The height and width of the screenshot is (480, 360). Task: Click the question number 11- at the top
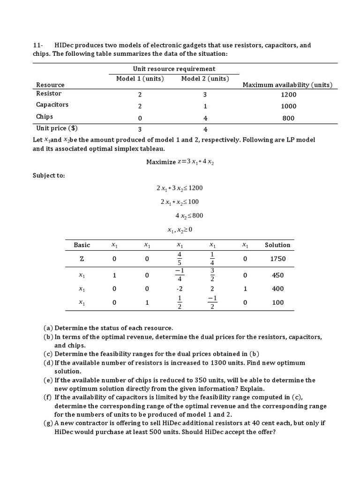[x=38, y=45]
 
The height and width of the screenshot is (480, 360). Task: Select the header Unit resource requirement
[x=174, y=69]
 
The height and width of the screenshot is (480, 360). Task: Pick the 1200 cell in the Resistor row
[x=288, y=94]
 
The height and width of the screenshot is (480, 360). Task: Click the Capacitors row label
[x=52, y=105]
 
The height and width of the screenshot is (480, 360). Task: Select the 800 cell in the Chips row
[x=288, y=118]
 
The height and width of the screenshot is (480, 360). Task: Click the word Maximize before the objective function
[x=161, y=162]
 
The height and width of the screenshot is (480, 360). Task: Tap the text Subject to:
[x=49, y=175]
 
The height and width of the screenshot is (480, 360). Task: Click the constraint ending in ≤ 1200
[x=180, y=188]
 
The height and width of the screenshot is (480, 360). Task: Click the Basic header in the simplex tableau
[x=82, y=245]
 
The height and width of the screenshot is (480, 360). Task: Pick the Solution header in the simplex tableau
[x=277, y=245]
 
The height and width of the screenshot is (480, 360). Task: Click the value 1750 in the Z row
[x=278, y=259]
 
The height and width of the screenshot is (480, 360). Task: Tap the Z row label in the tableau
[x=82, y=259]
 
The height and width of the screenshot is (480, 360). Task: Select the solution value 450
[x=278, y=276]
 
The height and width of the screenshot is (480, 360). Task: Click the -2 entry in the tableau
[x=180, y=289]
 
